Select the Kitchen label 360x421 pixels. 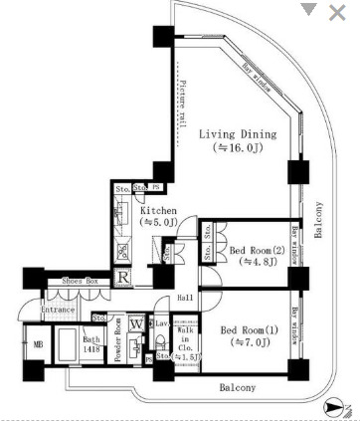158,211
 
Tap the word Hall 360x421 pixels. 185,298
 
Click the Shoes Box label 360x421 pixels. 79,283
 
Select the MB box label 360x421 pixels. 39,344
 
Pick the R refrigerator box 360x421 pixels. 121,278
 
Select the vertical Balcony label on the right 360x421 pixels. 319,220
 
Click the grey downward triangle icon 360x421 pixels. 310,10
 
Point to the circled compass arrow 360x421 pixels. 332,407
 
